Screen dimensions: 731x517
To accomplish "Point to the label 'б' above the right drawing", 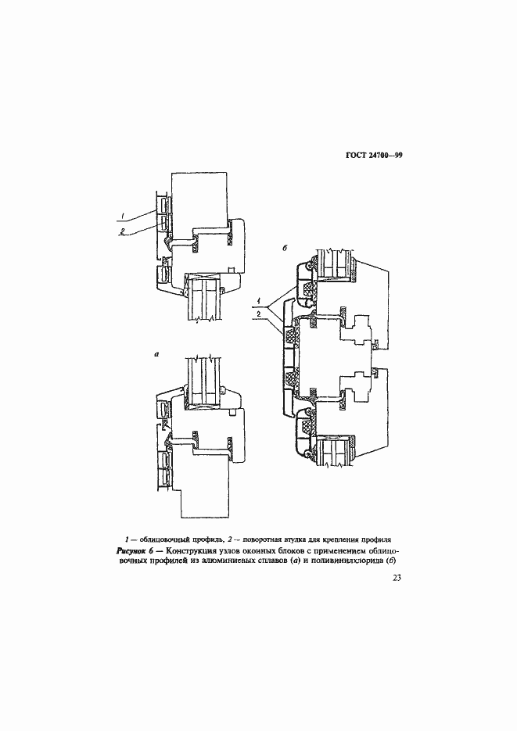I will tap(285, 248).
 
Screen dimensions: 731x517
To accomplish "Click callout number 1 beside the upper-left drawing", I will tap(124, 214).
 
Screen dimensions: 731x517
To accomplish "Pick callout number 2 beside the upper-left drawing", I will tap(124, 231).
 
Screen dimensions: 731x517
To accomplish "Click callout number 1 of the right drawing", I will tap(258, 301).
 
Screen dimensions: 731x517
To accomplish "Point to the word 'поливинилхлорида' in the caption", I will tap(343, 563).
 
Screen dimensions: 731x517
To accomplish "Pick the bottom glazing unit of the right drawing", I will tap(335, 451).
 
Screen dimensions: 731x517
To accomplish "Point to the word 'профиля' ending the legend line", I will tap(373, 539).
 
